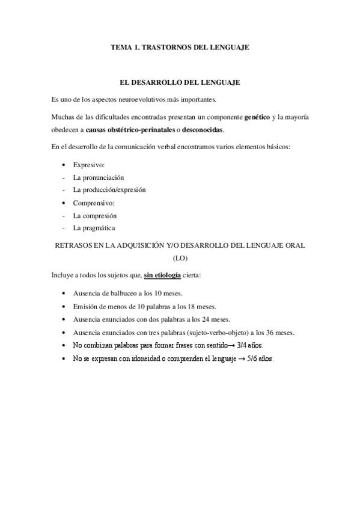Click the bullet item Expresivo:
(89, 164)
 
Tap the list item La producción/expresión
(109, 189)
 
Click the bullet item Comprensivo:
(94, 203)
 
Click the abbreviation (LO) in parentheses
(180, 258)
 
